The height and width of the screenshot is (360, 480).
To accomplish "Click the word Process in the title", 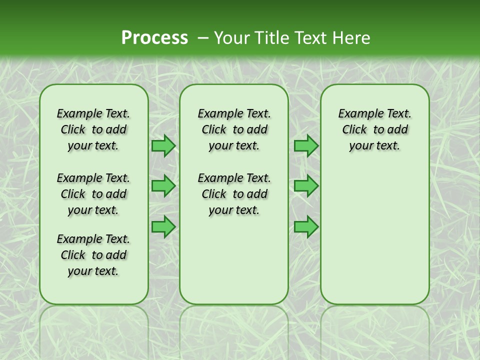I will [154, 38].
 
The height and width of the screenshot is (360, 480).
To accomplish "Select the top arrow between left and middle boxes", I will [163, 145].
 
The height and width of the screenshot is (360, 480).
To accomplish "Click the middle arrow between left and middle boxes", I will [163, 186].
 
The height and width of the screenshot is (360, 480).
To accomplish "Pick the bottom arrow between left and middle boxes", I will [163, 227].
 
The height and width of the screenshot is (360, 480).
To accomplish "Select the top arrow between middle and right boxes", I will [306, 145].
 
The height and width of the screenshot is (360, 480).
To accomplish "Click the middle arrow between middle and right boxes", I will [306, 186].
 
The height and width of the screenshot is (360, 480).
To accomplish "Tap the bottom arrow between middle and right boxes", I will [306, 227].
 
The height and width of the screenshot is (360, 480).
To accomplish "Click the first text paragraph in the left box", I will [93, 129].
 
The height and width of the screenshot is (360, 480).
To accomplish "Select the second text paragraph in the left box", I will [93, 194].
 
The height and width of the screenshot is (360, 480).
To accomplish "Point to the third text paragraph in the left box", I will [93, 255].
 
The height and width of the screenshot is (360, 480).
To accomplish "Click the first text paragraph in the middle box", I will [234, 129].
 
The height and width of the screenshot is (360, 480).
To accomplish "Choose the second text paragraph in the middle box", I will [234, 194].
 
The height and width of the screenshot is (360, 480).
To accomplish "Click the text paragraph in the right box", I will [374, 129].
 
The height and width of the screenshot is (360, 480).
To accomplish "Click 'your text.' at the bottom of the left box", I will [93, 271].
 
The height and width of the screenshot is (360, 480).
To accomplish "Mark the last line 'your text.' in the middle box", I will [234, 210].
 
